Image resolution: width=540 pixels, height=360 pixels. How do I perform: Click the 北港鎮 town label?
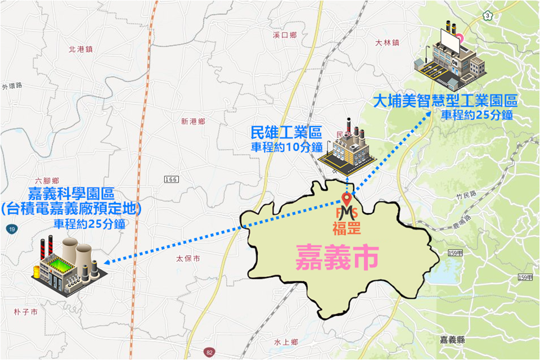coord(80,49)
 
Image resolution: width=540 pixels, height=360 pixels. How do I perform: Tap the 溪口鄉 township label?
coord(284,35)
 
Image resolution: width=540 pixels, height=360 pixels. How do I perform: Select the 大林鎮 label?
coord(387,42)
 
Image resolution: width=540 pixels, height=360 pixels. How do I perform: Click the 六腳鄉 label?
coord(47,181)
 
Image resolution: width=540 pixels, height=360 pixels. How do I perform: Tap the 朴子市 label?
coord(26,311)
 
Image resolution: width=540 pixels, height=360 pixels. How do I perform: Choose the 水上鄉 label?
coord(286,341)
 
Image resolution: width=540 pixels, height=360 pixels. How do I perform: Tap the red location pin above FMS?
coord(346,199)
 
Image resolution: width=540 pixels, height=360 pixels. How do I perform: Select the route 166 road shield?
coord(172,179)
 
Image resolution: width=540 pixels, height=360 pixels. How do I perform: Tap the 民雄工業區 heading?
coord(286,134)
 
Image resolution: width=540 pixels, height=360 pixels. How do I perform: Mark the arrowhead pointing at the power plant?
coord(108,262)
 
